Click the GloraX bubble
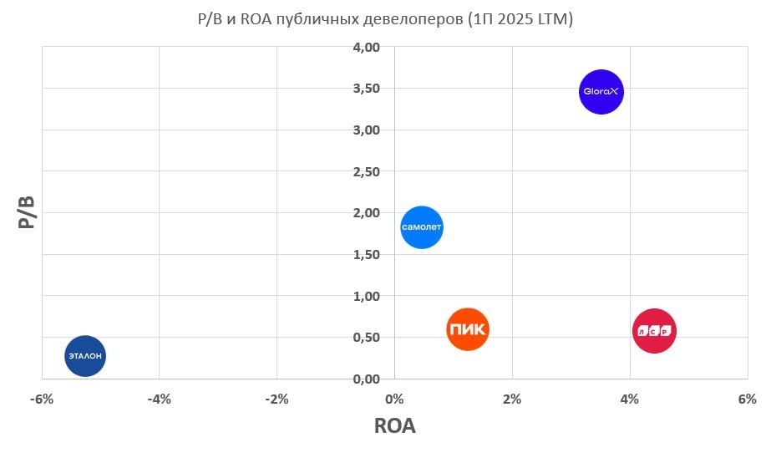coord(601,92)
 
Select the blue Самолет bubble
coord(422,227)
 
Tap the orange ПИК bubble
coord(468,329)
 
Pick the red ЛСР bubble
coord(654,332)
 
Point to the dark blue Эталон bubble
coord(85,356)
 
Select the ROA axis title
coord(394,426)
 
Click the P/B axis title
coord(27,213)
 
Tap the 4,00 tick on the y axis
coord(366,48)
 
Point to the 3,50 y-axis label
coord(366,89)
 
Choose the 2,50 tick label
coord(366,171)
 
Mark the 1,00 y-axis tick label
coord(366,296)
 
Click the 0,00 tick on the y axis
coord(366,379)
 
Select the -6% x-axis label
coord(41,400)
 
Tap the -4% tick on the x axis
coord(159,400)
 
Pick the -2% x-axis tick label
coord(276,400)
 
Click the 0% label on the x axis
coord(394,400)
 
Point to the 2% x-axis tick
coord(512,400)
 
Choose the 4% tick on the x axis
coord(630,400)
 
